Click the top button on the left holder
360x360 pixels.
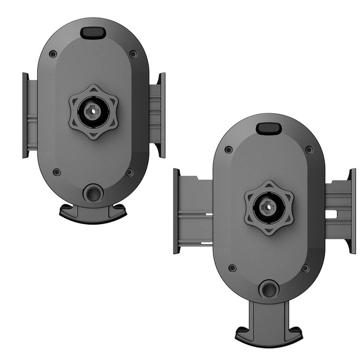coord(93,32)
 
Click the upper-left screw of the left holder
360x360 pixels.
coord(53,54)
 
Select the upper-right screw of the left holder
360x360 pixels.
coord(133,53)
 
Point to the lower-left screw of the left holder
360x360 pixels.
coord(57,172)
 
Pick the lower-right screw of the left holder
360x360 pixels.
coord(130,172)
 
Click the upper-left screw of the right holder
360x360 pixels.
coord(228,150)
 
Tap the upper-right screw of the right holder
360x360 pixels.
coord(309,150)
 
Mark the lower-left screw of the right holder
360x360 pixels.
coord(232,268)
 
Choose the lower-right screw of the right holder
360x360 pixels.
coord(305,268)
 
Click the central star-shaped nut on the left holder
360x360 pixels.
coord(93,112)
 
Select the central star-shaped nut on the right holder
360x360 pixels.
coord(268,208)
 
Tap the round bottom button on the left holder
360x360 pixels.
coord(93,193)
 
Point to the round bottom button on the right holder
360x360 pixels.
coord(268,289)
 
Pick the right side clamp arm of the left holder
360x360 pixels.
coord(158,115)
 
